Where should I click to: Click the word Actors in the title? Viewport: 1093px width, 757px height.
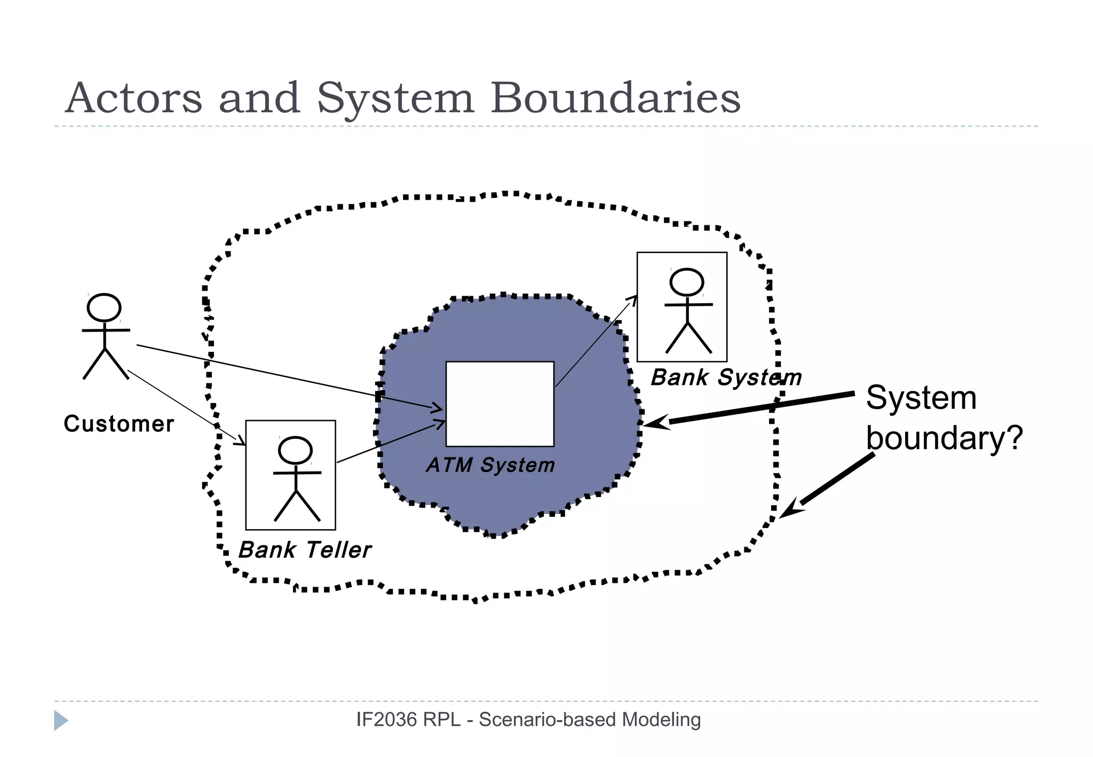pos(133,98)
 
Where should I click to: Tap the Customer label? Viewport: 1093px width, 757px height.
pos(118,424)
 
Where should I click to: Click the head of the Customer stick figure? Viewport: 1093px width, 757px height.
pos(104,307)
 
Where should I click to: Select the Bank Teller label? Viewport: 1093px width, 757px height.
pos(304,550)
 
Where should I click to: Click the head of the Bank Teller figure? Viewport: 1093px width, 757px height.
pos(295,450)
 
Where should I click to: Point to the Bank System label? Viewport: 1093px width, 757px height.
pos(726,377)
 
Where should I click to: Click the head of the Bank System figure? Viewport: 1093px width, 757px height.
pos(686,282)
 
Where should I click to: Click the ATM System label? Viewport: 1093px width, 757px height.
pos(490,465)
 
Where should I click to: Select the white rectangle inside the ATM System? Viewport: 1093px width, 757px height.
pos(500,404)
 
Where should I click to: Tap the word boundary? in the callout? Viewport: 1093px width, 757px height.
pos(944,438)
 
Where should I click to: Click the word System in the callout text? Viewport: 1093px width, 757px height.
pos(921,398)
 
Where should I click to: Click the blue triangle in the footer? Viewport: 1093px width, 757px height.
pos(60,721)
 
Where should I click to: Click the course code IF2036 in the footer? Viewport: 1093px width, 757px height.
pos(386,720)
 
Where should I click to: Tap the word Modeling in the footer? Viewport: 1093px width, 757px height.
pos(661,720)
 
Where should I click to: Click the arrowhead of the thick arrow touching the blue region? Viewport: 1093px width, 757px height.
pos(654,423)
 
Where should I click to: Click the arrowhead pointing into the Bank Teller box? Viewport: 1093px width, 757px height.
pos(241,441)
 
